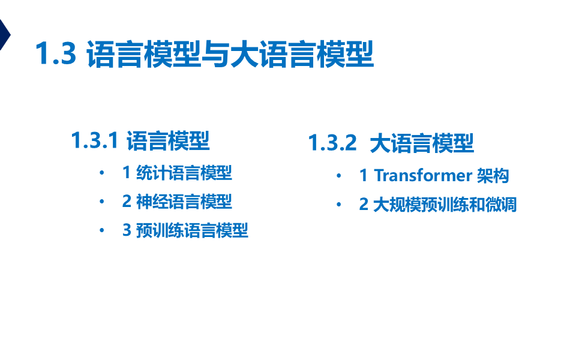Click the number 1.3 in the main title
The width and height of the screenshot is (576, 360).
56,53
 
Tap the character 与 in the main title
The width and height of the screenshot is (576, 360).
215,55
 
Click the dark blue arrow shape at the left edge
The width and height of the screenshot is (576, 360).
5,35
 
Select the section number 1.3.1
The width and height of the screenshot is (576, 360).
95,140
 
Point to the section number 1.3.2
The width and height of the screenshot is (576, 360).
332,143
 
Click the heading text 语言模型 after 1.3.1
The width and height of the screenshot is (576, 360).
168,140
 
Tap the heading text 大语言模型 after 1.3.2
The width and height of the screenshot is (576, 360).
422,143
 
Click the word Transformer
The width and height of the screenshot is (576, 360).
423,175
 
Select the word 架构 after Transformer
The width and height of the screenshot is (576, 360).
493,175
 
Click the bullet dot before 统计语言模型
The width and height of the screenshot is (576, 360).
102,173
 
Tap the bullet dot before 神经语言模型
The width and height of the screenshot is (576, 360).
102,202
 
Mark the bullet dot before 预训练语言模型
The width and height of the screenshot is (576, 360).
102,230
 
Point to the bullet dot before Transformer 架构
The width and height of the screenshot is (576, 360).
338,176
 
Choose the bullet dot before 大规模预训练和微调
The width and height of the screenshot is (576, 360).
338,204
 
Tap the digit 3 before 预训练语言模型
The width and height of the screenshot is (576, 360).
127,230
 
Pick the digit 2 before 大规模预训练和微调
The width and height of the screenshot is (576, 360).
364,204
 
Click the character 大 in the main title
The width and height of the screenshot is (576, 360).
244,55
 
